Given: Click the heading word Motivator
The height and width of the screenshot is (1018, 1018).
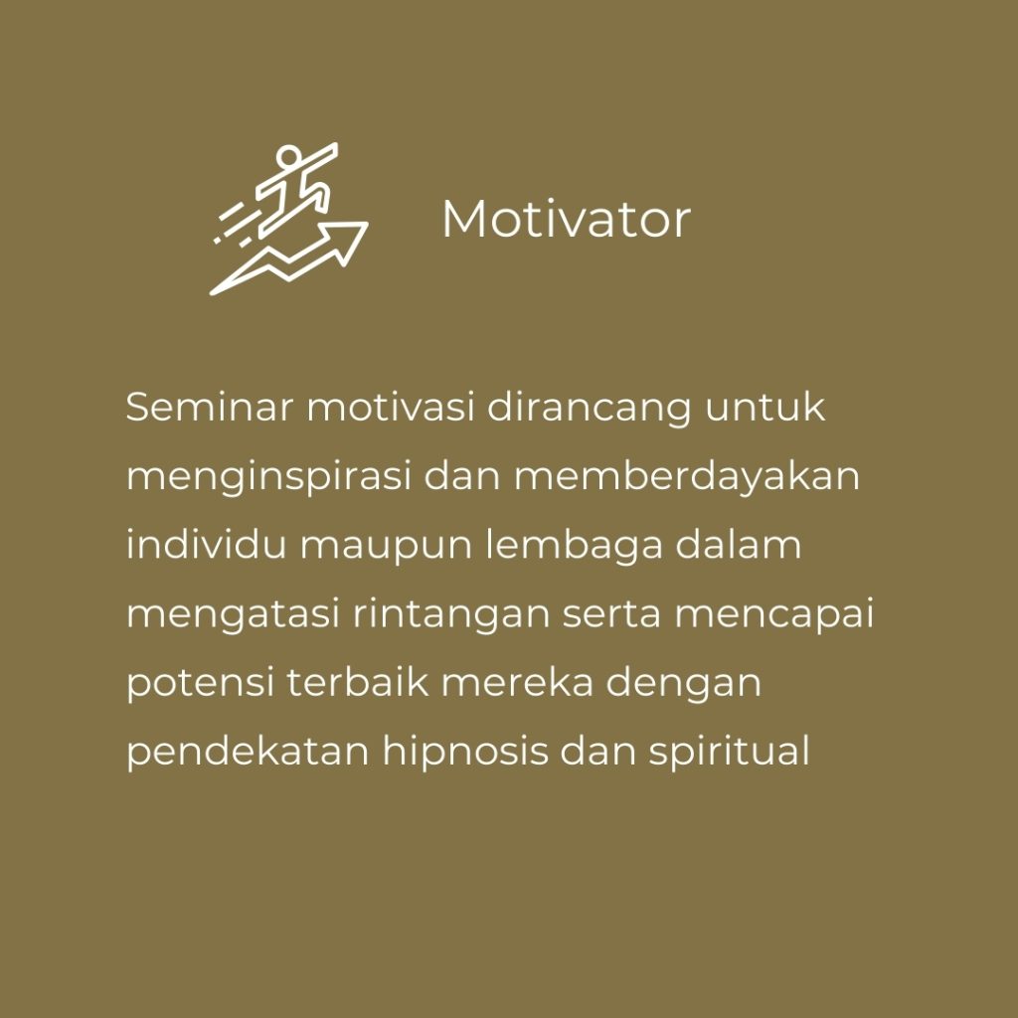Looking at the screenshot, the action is pos(566,219).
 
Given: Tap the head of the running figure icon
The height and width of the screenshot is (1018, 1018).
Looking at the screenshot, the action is pos(288,156).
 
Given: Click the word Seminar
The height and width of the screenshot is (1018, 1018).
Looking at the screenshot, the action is pos(209,407).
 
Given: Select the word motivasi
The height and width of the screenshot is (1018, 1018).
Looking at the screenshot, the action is pos(390,407).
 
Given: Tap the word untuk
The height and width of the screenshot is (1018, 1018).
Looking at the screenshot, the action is pos(765,407).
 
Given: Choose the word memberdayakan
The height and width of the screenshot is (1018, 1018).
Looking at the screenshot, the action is pos(687,476).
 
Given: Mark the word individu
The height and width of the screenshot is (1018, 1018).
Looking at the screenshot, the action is pos(206,544).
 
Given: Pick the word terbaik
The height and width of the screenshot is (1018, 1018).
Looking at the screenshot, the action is pos(357,682).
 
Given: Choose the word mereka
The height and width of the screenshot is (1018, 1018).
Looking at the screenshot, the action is pos(517,682).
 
